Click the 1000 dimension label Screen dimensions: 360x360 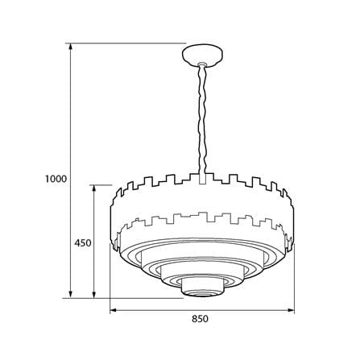(x=56, y=179)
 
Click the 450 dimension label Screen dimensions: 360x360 (x=83, y=243)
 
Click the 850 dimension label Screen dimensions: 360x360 (x=200, y=319)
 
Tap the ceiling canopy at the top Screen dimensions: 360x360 (x=202, y=56)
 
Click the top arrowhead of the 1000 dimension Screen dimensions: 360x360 (x=71, y=47)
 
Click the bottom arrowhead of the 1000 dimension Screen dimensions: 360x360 (x=71, y=294)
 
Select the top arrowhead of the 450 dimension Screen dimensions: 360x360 (x=94, y=188)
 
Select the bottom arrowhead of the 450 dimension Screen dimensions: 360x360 (x=94, y=294)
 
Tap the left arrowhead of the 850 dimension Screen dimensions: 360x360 (x=114, y=310)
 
